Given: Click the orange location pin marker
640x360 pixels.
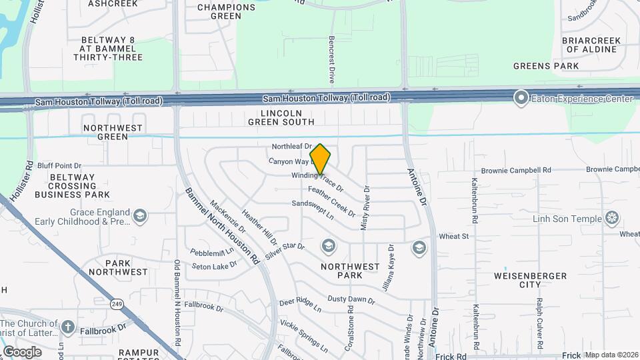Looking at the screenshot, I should [321, 159].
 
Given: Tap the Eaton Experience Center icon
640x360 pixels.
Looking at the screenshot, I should [521, 99].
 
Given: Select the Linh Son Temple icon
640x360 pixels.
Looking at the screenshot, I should [611, 218].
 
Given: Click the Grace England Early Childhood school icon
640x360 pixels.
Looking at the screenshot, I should [140, 215].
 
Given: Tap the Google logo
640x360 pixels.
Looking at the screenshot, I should [22, 351].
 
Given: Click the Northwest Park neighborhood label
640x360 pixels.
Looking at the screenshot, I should [350, 271].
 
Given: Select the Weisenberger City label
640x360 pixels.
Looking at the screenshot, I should [530, 280].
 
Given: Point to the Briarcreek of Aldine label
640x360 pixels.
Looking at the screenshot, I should [591, 45].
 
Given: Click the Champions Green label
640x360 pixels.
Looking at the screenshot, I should [226, 11].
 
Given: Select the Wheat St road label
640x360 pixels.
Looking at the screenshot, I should [455, 236].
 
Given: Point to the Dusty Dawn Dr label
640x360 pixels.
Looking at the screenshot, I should [351, 299].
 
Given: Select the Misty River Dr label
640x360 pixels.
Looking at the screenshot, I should [365, 208].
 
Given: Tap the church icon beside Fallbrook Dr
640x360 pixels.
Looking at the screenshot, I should [68, 327].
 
